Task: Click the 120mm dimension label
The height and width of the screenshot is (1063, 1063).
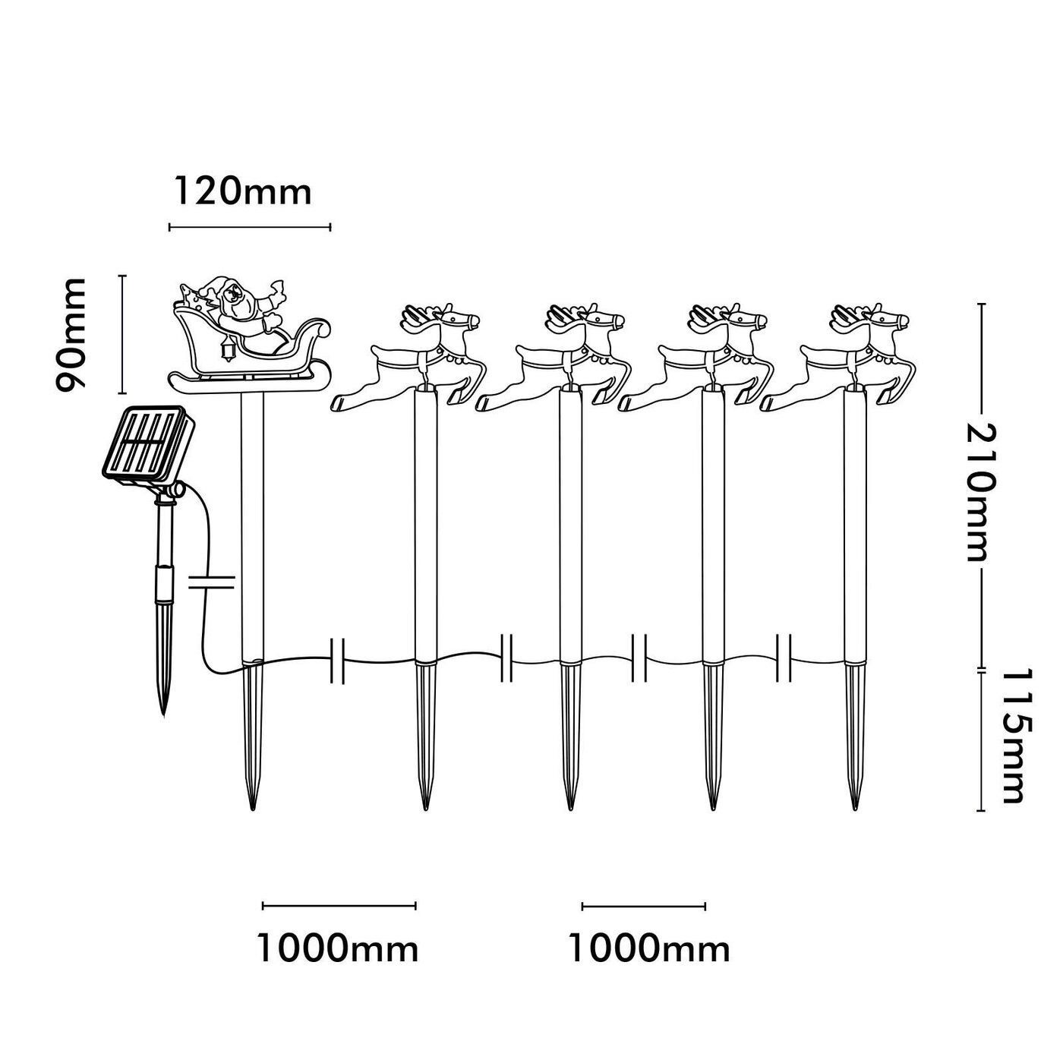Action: point(243,191)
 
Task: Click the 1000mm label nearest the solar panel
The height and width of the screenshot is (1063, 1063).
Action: point(338,948)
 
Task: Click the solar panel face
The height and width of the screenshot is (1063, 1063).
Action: point(144,446)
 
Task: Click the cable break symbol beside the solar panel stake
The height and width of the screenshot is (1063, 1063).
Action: point(211,582)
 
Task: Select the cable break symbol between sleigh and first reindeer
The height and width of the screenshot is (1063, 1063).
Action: point(339,660)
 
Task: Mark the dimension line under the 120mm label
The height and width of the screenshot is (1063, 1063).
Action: point(250,226)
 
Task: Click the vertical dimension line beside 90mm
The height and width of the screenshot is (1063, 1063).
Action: point(122,335)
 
